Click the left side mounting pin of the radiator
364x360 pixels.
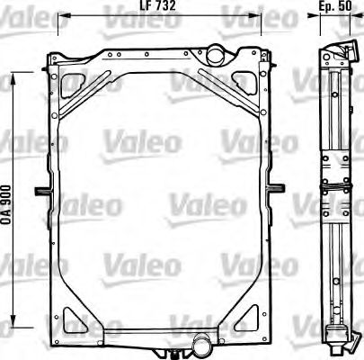pyautogui.click(x=40, y=191)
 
